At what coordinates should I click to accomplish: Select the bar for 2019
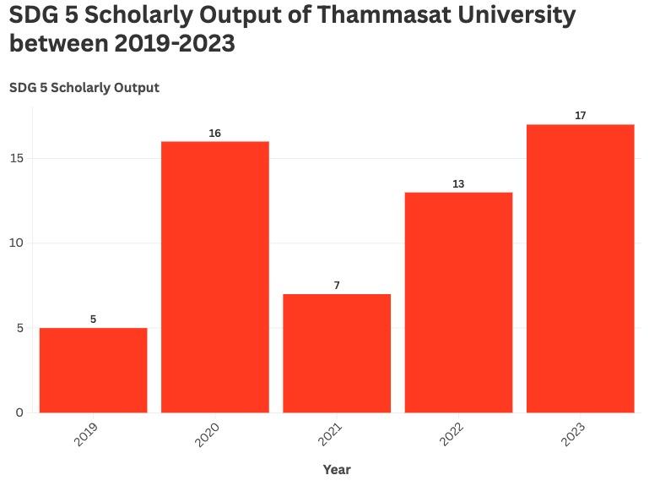93,370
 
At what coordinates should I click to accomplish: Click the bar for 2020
215,277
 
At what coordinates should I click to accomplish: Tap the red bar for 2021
337,353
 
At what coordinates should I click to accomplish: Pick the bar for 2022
458,303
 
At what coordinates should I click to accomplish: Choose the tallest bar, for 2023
580,269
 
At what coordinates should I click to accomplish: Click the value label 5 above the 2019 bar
93,319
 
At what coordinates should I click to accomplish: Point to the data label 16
215,134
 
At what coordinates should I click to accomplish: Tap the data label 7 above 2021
337,286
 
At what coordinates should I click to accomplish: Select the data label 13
458,184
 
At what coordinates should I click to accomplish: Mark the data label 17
580,116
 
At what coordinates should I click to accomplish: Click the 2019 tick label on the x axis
86,434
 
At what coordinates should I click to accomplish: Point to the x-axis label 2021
330,434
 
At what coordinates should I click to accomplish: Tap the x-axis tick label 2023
573,434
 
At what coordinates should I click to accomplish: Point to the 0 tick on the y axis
19,412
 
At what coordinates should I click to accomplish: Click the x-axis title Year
337,470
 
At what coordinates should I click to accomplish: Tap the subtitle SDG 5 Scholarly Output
84,88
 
